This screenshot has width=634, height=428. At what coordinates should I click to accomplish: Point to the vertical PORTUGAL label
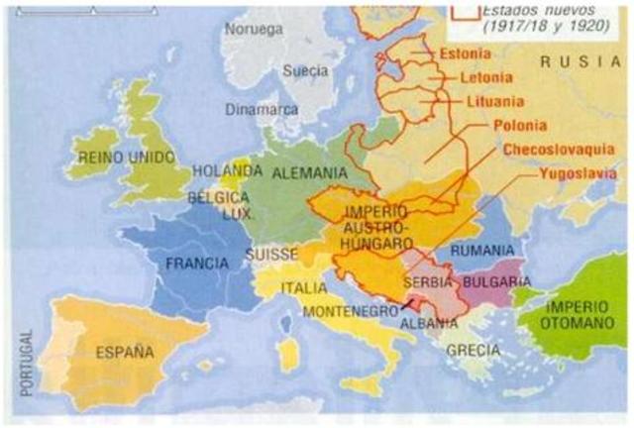(26, 363)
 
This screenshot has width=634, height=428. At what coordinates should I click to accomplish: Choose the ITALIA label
(303, 288)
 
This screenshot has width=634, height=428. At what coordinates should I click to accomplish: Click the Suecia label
(305, 71)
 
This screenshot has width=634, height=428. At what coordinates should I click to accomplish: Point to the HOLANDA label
(224, 170)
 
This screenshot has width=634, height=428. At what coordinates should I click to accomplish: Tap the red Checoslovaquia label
(559, 150)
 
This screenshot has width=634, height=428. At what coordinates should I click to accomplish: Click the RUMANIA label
(482, 251)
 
